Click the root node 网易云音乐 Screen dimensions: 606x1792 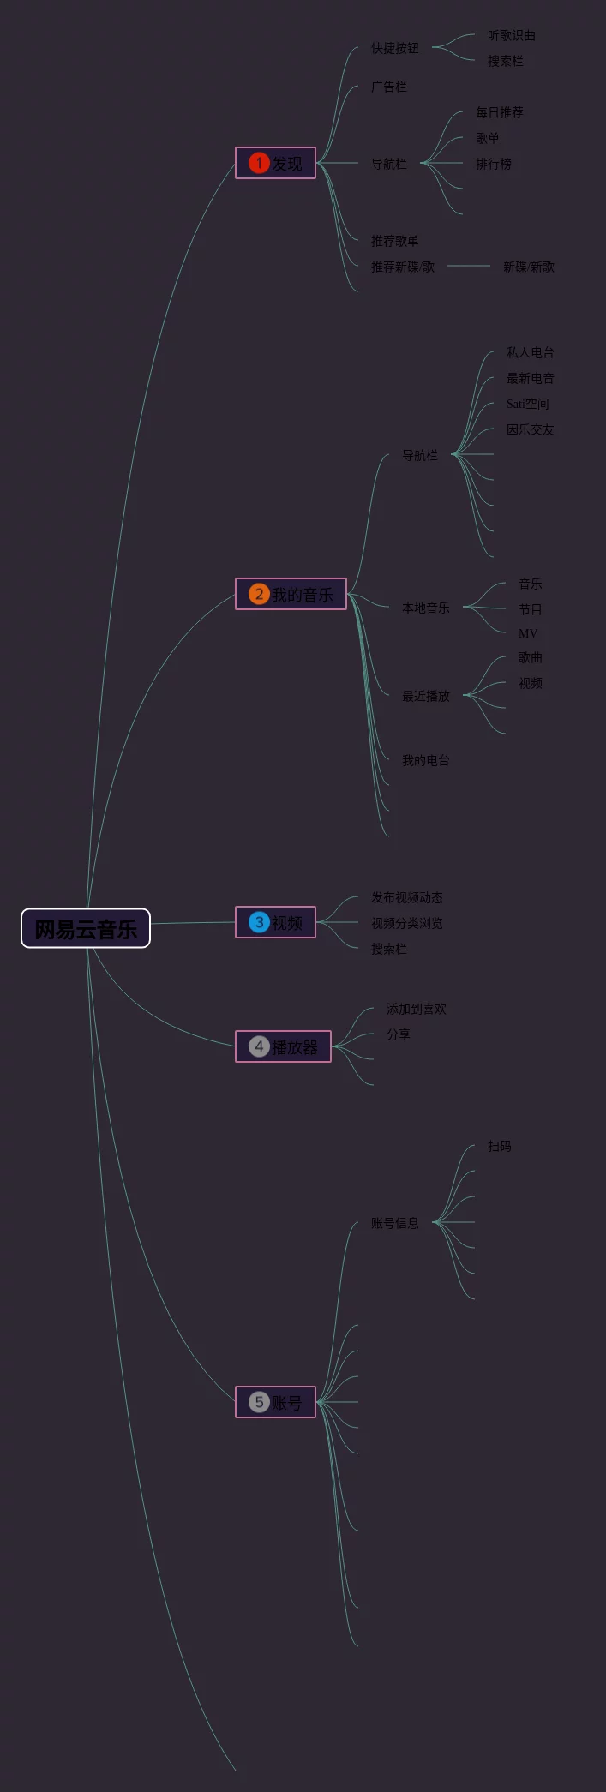click(x=86, y=928)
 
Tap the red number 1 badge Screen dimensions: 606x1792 click(x=259, y=163)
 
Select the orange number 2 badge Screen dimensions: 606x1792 click(x=259, y=594)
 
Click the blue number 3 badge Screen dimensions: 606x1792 click(x=259, y=922)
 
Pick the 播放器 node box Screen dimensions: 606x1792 click(x=283, y=1046)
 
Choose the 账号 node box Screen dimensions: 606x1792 click(x=275, y=1402)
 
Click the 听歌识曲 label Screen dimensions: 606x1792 click(x=512, y=35)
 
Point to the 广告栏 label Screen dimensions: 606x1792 click(x=389, y=87)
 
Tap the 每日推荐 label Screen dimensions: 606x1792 click(x=500, y=112)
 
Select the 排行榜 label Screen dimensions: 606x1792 click(x=494, y=164)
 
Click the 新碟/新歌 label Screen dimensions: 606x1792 click(x=529, y=267)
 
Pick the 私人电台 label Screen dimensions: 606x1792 click(x=531, y=352)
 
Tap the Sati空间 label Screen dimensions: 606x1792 click(x=528, y=404)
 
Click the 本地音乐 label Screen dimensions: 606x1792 click(x=426, y=608)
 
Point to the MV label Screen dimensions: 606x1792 click(x=528, y=633)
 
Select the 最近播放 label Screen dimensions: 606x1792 click(x=426, y=696)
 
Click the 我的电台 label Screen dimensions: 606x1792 click(x=426, y=760)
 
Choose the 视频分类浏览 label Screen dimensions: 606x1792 click(x=407, y=923)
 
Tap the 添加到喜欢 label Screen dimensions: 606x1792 click(x=417, y=1009)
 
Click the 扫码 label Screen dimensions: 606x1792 click(x=500, y=1146)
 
